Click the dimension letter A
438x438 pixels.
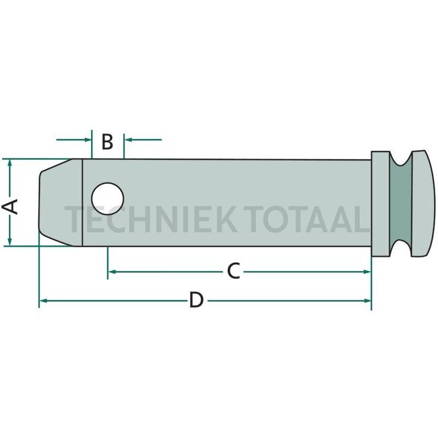click(x=10, y=207)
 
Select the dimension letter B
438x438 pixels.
click(x=107, y=142)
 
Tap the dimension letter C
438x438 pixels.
click(x=234, y=271)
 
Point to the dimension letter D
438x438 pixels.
click(x=196, y=300)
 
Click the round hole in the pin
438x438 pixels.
click(x=108, y=199)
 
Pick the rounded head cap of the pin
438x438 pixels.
click(x=423, y=204)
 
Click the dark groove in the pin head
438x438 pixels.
click(x=400, y=204)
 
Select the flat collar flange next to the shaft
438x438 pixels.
click(x=380, y=204)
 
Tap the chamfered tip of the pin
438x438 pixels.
click(x=61, y=203)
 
